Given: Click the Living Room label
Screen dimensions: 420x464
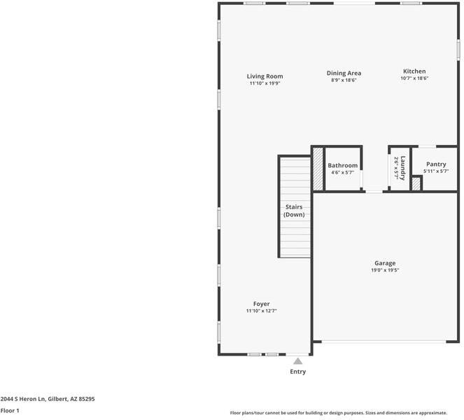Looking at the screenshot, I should click(x=265, y=76).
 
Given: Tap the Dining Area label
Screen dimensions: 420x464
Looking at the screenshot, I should click(x=344, y=73).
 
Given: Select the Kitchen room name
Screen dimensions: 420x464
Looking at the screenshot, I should click(x=414, y=71).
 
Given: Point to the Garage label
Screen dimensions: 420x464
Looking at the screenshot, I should click(x=384, y=263).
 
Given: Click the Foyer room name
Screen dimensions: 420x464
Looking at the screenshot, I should click(x=261, y=304).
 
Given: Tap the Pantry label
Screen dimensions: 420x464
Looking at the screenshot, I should click(x=435, y=164).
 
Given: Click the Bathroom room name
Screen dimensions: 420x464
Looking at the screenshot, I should click(x=343, y=166).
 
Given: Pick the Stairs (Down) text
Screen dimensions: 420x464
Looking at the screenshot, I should click(x=294, y=211).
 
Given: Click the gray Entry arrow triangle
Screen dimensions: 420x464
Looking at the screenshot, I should click(x=297, y=361).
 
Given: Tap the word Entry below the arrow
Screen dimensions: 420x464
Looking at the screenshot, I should click(x=297, y=372).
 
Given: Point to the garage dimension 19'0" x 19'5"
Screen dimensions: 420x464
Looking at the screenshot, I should click(x=384, y=270).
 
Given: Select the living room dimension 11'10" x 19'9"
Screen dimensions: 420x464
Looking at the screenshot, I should click(x=265, y=83).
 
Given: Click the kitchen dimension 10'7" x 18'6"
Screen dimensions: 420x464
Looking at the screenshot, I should click(x=414, y=78).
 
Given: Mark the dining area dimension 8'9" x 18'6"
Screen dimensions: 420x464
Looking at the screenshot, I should click(x=344, y=80).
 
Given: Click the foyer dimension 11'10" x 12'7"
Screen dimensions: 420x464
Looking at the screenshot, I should click(x=261, y=311).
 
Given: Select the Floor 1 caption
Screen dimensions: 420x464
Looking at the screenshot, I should click(x=10, y=410).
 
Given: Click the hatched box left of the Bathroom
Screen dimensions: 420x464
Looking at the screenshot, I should click(x=318, y=169).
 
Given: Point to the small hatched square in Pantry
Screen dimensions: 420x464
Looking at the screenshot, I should click(x=416, y=184).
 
